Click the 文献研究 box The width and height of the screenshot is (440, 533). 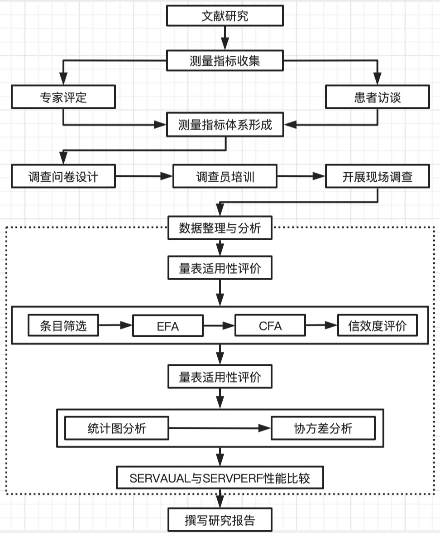pos(225,16)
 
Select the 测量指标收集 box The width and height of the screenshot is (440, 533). pos(225,61)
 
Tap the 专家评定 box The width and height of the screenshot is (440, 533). pos(63,97)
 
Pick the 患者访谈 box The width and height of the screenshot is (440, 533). pos(378,97)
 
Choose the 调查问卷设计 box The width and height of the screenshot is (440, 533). pos(63,176)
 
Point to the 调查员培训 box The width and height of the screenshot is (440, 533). pos(225,176)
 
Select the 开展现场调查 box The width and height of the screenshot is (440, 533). pos(378,176)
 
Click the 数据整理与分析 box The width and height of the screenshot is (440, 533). pos(220,228)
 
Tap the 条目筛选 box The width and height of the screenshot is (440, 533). pos(63,325)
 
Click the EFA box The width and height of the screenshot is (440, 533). pos(167,326)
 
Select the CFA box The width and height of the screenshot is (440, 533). pos(270,326)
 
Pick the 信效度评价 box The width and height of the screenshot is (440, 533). pos(378,325)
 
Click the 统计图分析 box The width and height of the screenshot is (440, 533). pos(117,428)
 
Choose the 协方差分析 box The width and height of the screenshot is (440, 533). pos(323,428)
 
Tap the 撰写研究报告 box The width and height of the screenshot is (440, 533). pos(220,519)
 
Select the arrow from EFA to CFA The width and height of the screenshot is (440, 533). pos(219,325)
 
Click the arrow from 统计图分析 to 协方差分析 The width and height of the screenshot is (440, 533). pos(220,428)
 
